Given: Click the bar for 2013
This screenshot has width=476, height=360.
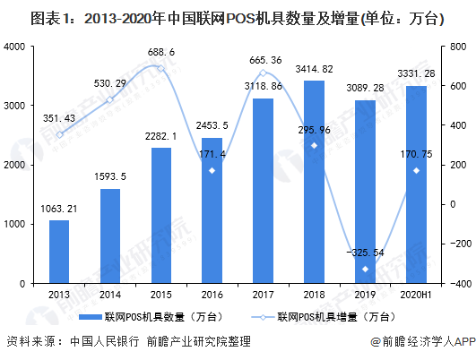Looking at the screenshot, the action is click(x=59, y=252).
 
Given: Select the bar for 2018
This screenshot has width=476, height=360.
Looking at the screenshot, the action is click(x=315, y=182).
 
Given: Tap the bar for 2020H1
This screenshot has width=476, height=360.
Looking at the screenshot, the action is click(x=416, y=184).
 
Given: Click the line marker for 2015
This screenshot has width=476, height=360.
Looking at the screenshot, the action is click(x=161, y=69).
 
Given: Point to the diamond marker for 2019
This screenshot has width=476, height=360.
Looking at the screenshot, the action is click(x=365, y=269).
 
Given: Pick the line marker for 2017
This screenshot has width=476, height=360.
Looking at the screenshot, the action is click(x=264, y=73).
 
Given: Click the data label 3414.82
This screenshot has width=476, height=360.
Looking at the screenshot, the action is click(x=315, y=69).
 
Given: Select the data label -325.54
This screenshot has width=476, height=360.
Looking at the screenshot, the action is click(x=365, y=253).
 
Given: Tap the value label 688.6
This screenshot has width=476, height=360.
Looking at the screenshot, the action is click(x=161, y=52).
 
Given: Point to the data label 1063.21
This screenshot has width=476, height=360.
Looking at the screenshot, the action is click(x=59, y=209).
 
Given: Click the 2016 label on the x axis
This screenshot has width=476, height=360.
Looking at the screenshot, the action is click(x=212, y=295).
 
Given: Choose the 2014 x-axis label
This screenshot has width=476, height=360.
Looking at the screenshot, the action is click(x=110, y=295).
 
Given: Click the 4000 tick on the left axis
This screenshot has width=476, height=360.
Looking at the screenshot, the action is click(x=14, y=47).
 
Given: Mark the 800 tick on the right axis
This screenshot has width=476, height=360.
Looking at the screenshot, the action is click(x=458, y=47).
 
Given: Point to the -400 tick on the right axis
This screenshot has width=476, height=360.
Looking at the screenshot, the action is click(x=461, y=284).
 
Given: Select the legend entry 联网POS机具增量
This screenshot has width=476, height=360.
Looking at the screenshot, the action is click(x=324, y=317).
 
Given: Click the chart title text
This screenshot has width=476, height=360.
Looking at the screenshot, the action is click(x=238, y=19).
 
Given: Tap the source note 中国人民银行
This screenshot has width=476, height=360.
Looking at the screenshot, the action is click(x=104, y=341).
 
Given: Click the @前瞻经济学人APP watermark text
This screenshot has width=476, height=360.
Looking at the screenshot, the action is click(x=423, y=342).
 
